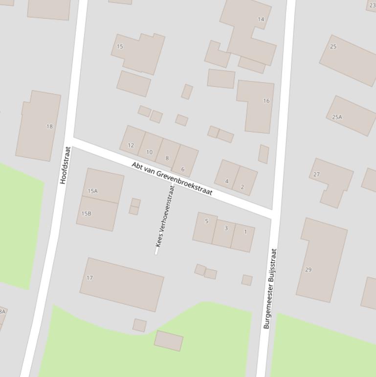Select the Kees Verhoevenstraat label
[165, 217]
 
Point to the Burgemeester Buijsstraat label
[270, 289]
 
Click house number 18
[49, 126]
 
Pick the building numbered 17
[90, 278]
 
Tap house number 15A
[93, 191]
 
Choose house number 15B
[87, 213]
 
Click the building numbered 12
[131, 145]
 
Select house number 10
[149, 152]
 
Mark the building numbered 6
[183, 169]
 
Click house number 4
[226, 181]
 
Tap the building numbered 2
[242, 187]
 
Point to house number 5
[206, 221]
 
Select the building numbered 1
[245, 232]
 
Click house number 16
[266, 101]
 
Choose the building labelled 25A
[337, 117]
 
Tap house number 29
[308, 269]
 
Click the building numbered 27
[316, 174]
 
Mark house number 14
[261, 19]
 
